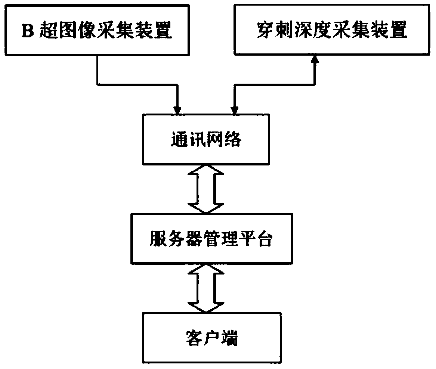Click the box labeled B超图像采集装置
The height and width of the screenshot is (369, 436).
pos(97,30)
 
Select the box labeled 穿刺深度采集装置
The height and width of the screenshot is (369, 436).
pos(332,30)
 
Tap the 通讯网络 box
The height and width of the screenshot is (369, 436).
pos(206,139)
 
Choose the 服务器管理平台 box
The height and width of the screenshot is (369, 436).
pos(211,238)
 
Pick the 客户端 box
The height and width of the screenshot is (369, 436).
pos(211,338)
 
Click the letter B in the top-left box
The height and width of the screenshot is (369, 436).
pos(28,30)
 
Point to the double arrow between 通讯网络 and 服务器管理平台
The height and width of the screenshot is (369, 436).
pos(206,189)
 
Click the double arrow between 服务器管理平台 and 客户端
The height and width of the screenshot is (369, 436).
pos(206,288)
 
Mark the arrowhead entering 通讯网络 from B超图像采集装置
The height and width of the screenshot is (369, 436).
pos(177,110)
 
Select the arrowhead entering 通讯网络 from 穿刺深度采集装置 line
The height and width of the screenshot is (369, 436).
pos(235,110)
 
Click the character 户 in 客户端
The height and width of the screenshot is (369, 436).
pos(212,338)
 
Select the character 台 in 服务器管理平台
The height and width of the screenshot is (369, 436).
pos(264,238)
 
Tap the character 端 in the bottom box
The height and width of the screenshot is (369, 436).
pos(229,338)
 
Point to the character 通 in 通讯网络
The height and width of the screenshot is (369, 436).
pos(179,139)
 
